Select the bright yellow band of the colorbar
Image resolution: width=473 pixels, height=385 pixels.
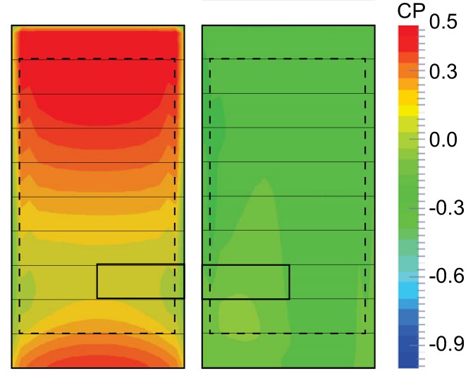(408, 109)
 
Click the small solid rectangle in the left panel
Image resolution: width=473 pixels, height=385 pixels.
(140, 281)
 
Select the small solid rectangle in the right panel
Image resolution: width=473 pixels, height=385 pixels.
(245, 281)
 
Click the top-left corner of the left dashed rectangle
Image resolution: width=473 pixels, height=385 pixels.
(20, 59)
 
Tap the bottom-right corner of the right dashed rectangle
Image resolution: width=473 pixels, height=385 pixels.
(365, 333)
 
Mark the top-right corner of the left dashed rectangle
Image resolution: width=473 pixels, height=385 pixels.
(176, 59)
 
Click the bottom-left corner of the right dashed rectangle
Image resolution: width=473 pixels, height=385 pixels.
(210, 333)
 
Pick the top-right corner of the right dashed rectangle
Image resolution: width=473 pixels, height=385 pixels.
(365, 59)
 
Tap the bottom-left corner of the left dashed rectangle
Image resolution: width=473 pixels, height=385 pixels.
(20, 333)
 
